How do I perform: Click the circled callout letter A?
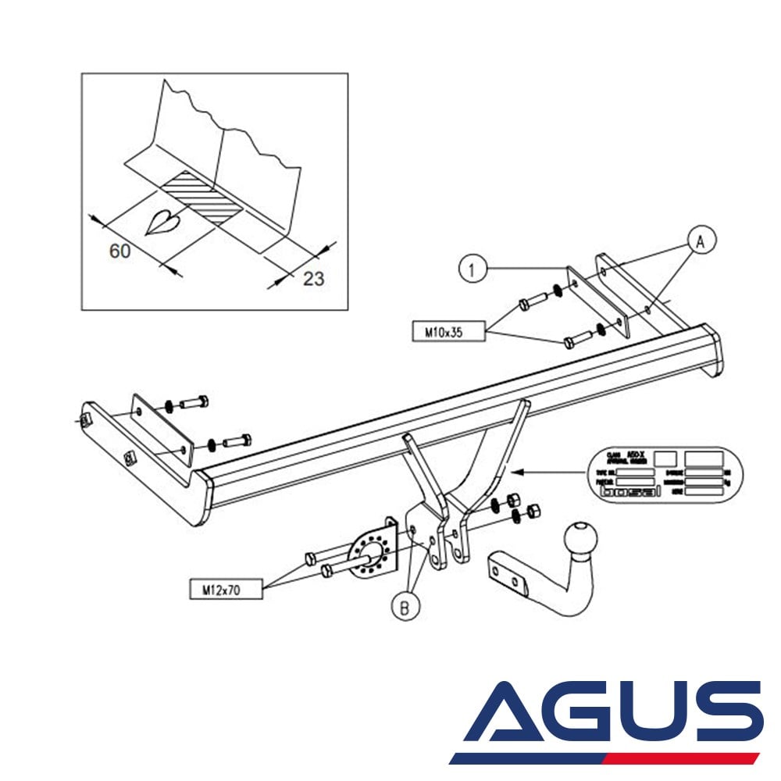tap(700, 241)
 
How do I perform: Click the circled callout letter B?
tap(405, 607)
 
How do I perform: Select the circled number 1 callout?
tap(471, 270)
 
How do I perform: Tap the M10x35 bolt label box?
tap(444, 332)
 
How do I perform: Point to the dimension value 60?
tap(119, 251)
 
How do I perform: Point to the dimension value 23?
tap(313, 278)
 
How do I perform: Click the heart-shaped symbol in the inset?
tap(165, 223)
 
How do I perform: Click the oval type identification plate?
tap(664, 474)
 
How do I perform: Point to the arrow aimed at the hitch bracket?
tap(547, 472)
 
